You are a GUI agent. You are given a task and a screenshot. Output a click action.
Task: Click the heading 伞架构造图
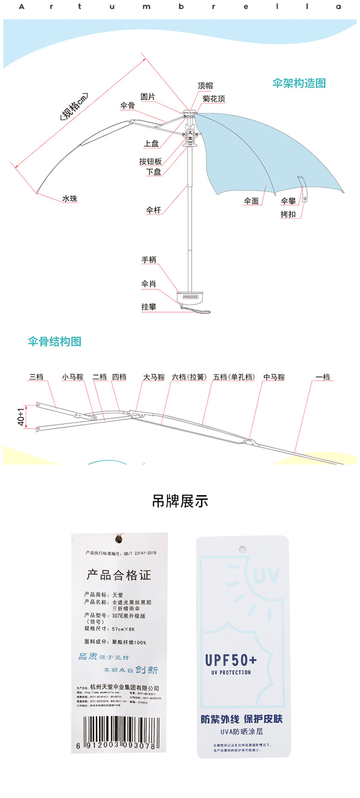point(299,83)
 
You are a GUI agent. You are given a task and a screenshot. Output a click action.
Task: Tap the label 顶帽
point(205,86)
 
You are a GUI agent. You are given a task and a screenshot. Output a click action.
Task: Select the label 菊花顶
point(214,99)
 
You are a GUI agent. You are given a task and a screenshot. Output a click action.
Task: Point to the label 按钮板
point(150,161)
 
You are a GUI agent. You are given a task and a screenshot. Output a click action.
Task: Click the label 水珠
point(70,198)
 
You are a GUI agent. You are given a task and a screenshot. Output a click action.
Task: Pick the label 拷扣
point(288,214)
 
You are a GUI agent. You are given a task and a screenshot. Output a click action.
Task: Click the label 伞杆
point(154,210)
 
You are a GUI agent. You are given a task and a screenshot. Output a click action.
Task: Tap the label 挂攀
point(149,307)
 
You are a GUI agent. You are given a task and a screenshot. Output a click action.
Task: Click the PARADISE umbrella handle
point(191,298)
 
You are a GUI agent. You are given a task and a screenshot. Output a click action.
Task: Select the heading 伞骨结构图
point(54,342)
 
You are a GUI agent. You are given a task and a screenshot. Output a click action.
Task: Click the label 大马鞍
point(154,377)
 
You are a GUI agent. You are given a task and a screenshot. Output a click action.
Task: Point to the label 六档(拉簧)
point(189,377)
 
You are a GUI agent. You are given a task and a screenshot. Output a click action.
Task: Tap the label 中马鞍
point(274,377)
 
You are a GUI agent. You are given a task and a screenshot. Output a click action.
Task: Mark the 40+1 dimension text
point(21,417)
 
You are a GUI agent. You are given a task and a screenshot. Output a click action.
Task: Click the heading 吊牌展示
point(180,501)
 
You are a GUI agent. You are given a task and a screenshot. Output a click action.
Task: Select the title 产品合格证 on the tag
point(119,575)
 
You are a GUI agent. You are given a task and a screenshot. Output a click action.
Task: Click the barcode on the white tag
point(120,733)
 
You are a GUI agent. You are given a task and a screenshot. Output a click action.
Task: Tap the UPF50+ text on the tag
point(231,660)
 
